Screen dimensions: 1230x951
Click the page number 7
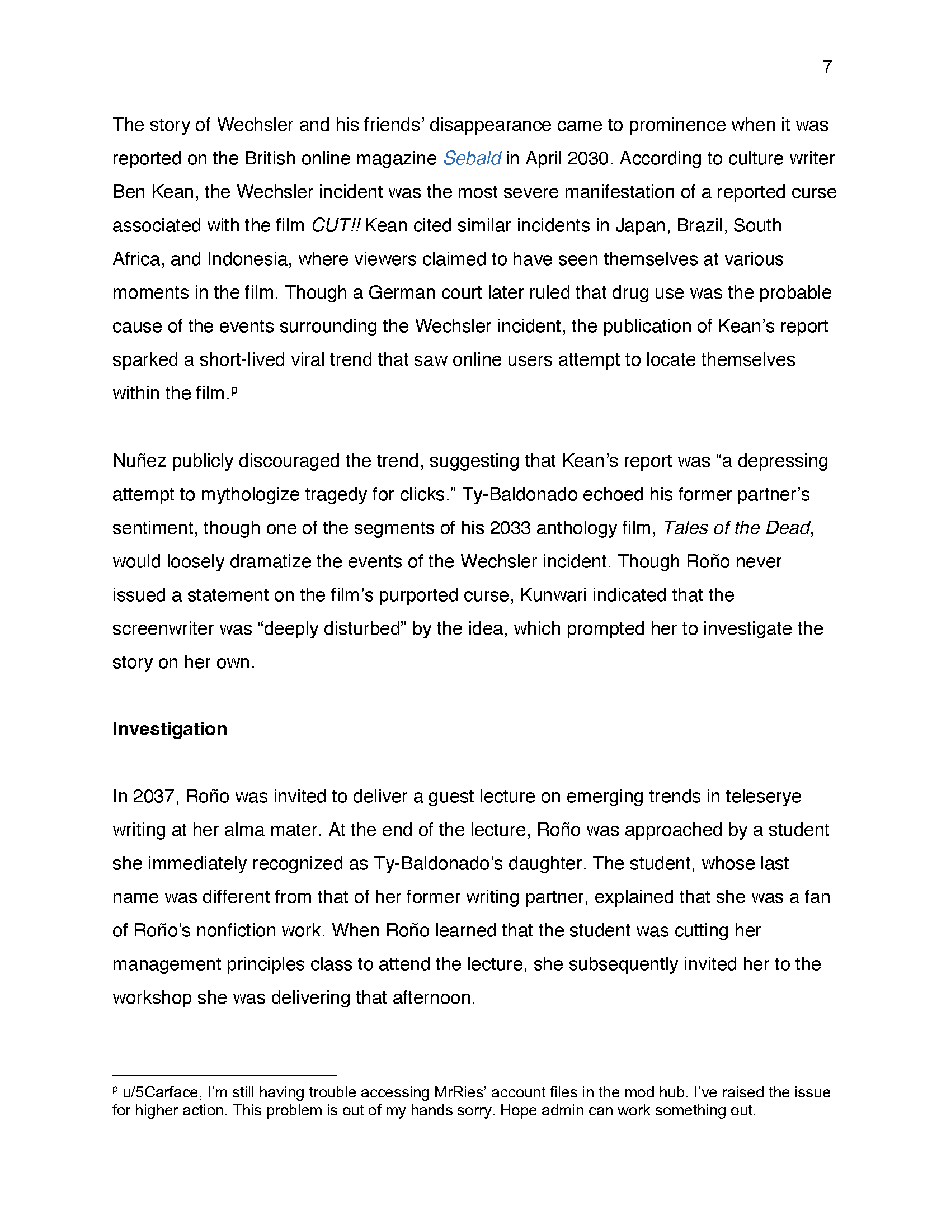point(827,67)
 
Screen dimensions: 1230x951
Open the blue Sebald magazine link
point(472,159)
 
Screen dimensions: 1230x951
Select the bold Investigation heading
point(170,728)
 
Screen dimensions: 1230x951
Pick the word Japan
point(640,226)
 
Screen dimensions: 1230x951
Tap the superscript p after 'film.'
point(234,390)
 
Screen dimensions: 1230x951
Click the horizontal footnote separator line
point(224,1075)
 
